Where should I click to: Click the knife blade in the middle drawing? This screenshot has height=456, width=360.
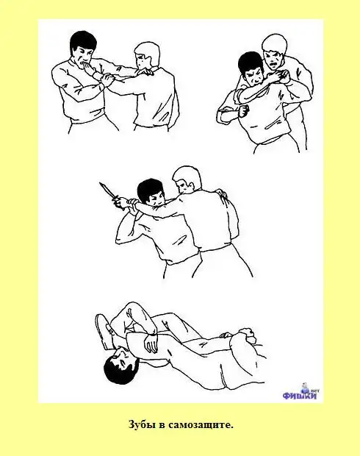point(106,190)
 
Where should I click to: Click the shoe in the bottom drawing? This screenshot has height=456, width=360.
point(104,331)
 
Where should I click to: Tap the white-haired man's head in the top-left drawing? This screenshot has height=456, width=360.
point(147,56)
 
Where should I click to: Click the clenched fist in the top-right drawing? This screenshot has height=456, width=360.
point(245,111)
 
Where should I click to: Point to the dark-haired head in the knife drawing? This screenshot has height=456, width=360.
point(151,191)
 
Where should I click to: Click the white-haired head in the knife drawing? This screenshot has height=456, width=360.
point(187,180)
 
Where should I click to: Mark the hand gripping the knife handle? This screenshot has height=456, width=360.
point(120,203)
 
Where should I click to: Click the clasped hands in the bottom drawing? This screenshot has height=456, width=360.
point(245,334)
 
